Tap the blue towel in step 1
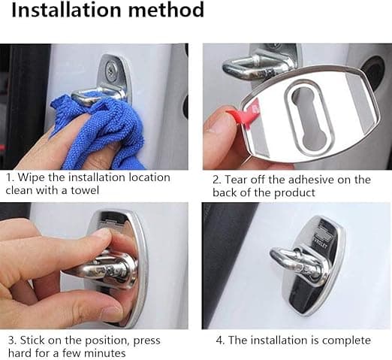(100, 130)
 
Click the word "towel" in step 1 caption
(85, 190)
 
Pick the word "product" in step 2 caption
(294, 192)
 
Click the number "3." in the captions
(13, 340)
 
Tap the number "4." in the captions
(220, 340)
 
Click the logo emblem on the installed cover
(321, 234)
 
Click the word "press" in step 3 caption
(147, 341)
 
